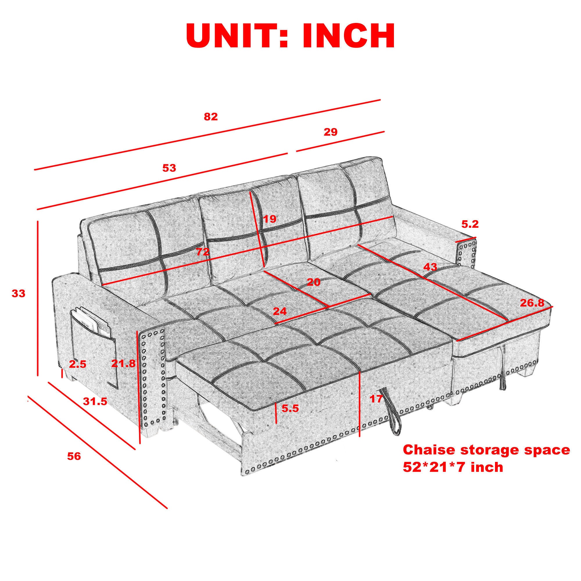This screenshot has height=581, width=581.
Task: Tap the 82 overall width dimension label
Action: tap(211, 117)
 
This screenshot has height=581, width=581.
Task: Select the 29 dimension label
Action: tap(331, 132)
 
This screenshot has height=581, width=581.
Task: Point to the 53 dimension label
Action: tap(169, 168)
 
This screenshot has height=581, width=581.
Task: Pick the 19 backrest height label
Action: tap(270, 219)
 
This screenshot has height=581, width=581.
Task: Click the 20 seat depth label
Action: tap(314, 282)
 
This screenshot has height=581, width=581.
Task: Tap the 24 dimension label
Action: tap(280, 311)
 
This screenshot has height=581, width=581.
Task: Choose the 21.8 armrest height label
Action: tap(123, 364)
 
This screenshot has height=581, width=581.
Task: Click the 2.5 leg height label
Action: tap(78, 365)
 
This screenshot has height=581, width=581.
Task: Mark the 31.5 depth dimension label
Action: tap(95, 401)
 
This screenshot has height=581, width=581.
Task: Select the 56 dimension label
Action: tap(74, 456)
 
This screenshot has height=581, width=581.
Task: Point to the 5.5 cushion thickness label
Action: tap(290, 408)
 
